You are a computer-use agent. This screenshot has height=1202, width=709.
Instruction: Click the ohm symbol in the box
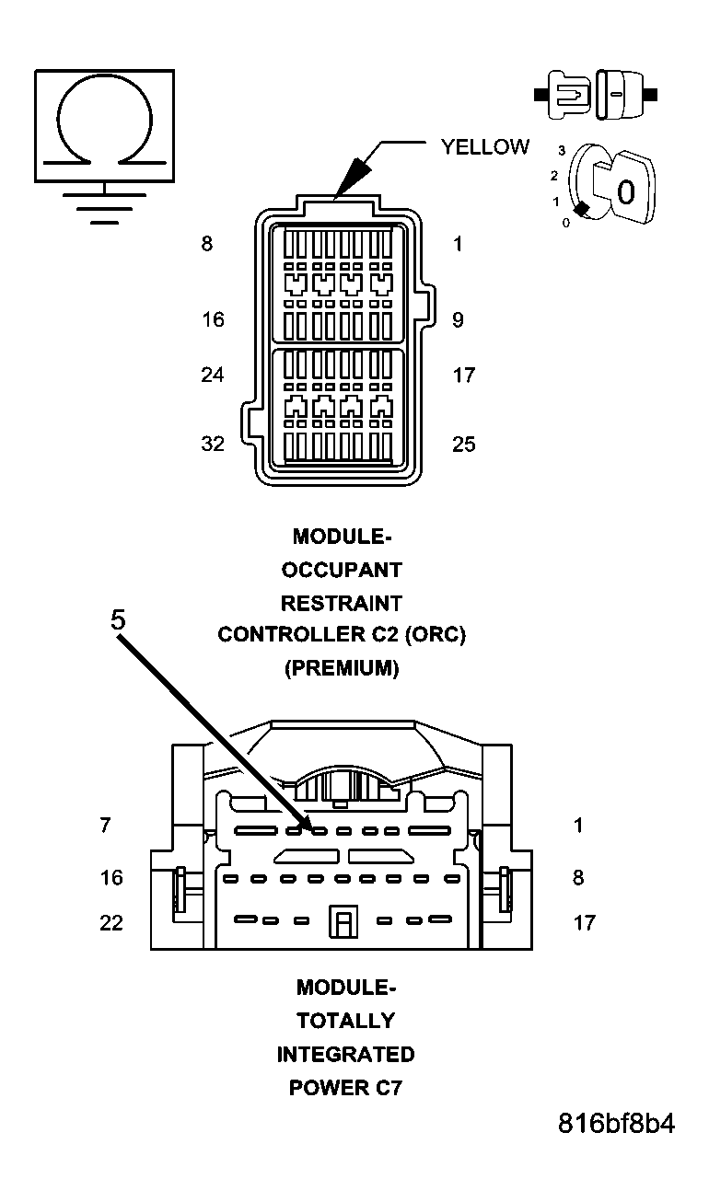[104, 122]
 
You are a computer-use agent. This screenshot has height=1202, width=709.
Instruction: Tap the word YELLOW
[484, 146]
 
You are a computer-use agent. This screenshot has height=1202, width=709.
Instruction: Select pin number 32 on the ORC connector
[213, 444]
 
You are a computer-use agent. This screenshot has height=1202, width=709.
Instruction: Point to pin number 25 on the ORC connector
[464, 444]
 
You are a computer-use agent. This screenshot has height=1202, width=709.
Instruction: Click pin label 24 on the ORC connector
[213, 375]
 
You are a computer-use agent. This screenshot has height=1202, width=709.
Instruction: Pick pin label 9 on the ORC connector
[458, 319]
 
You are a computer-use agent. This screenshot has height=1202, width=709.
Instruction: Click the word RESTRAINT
[342, 603]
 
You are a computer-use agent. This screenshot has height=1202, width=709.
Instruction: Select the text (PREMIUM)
[342, 669]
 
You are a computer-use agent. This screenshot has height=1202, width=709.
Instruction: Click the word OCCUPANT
[342, 570]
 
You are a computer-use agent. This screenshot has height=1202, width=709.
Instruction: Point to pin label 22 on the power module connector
[111, 922]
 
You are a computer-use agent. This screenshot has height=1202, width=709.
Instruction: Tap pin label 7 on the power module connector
[105, 826]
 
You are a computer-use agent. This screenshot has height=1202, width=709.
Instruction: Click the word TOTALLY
[345, 1021]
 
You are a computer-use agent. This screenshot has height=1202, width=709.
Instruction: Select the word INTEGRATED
[345, 1054]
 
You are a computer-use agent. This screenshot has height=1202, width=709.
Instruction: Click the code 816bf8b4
[616, 1124]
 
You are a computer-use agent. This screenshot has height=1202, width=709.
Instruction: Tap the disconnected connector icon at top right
[595, 94]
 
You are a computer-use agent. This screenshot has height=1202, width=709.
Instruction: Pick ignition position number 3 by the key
[561, 149]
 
